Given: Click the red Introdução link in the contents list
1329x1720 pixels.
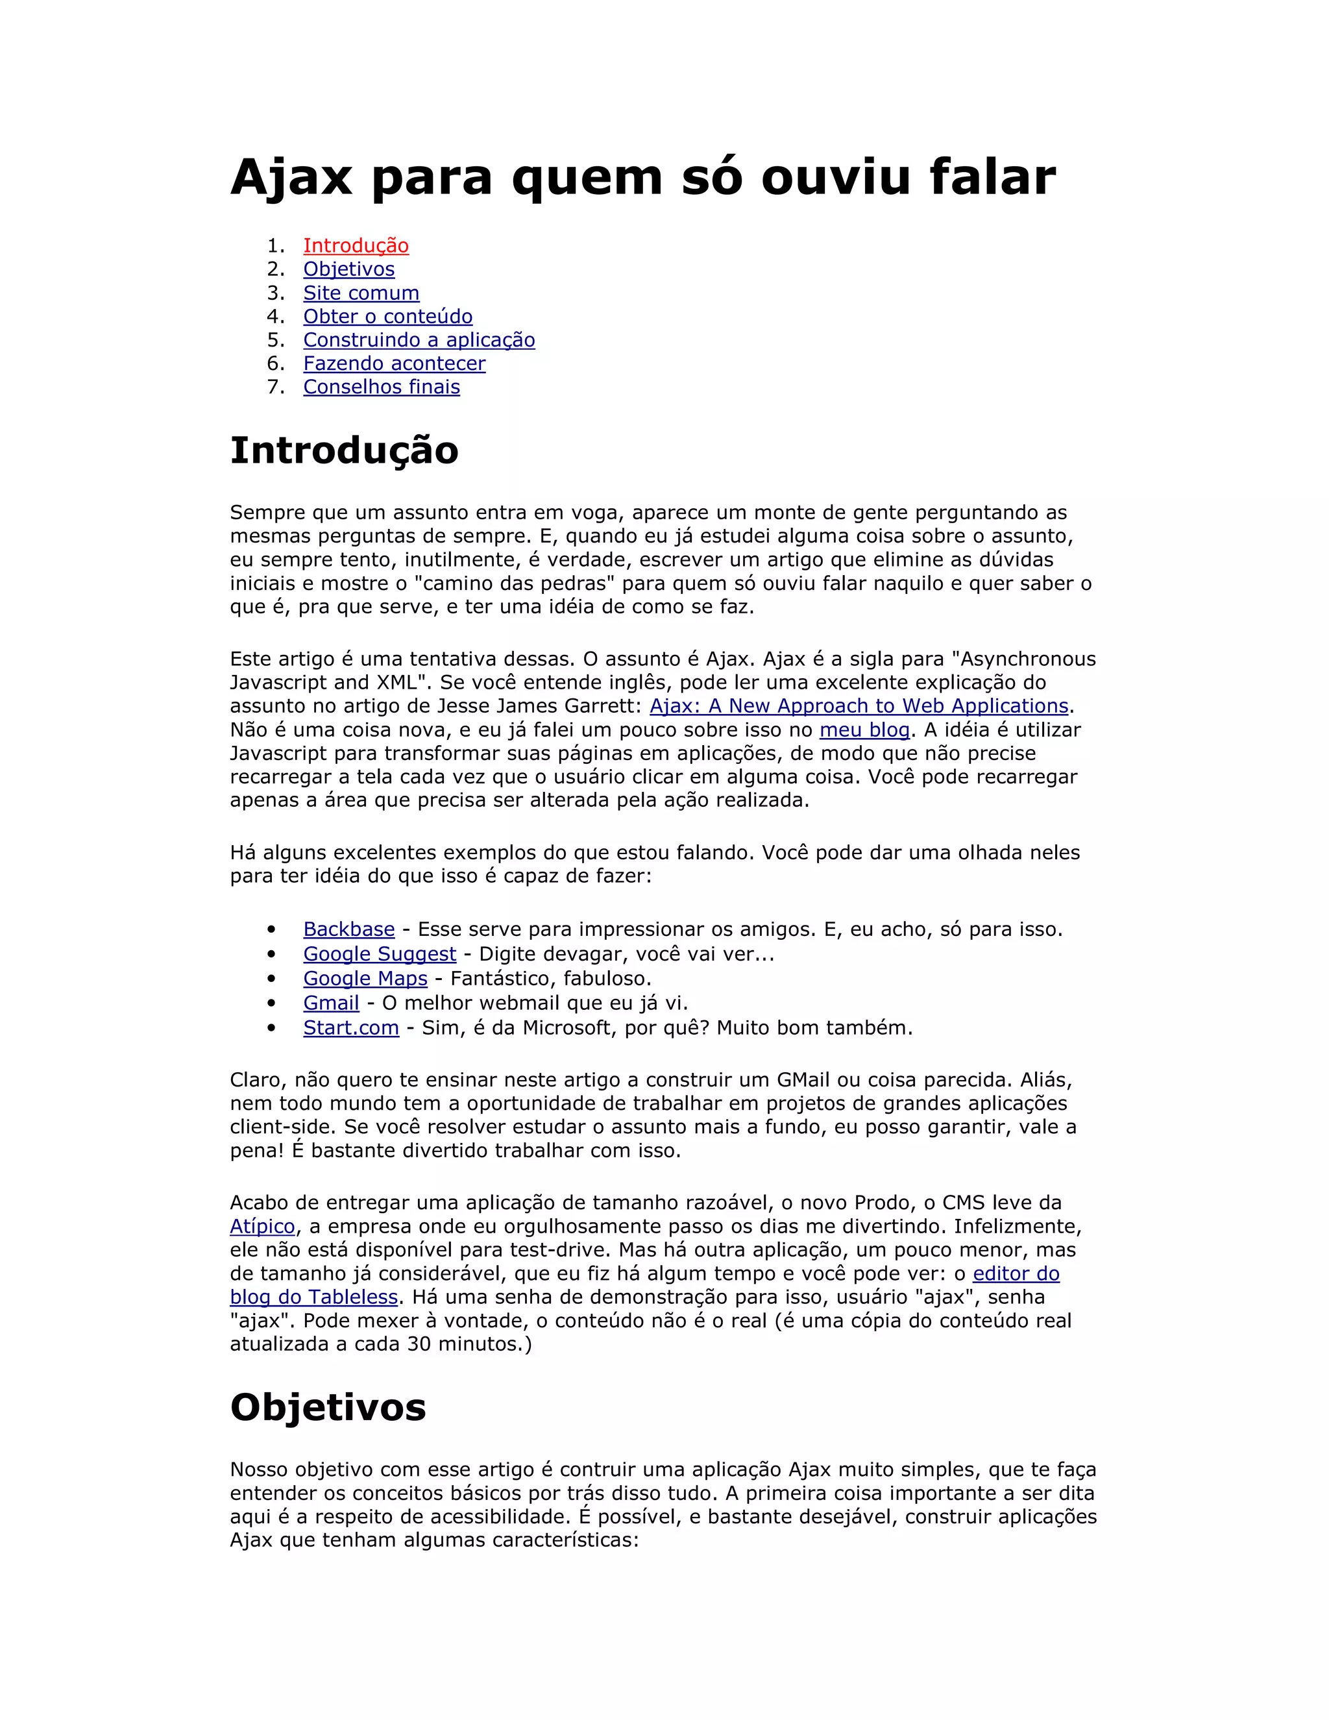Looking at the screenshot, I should [x=356, y=246].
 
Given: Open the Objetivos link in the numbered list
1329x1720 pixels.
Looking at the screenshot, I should [x=348, y=269].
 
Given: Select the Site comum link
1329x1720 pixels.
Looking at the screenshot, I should [x=361, y=293].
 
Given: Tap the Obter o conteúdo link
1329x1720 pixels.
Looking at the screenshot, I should [x=387, y=317].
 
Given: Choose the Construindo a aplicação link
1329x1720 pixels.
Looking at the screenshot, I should [x=419, y=340].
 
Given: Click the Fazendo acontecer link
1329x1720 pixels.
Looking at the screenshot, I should [x=395, y=364].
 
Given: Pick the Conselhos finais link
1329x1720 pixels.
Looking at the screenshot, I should [x=382, y=387].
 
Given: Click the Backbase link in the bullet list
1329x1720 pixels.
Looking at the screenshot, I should [x=348, y=929].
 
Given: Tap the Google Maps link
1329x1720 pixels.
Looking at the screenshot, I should [x=365, y=978].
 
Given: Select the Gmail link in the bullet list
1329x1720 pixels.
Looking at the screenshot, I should [x=331, y=1003].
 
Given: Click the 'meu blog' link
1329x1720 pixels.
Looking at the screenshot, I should [x=864, y=730].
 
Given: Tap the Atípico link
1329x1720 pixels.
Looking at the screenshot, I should [x=262, y=1226].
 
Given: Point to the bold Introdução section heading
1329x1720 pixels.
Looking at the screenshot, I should [x=344, y=451].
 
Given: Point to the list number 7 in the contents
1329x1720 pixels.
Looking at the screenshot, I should [x=274, y=387].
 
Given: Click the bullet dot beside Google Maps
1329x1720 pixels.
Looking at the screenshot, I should [x=272, y=979].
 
